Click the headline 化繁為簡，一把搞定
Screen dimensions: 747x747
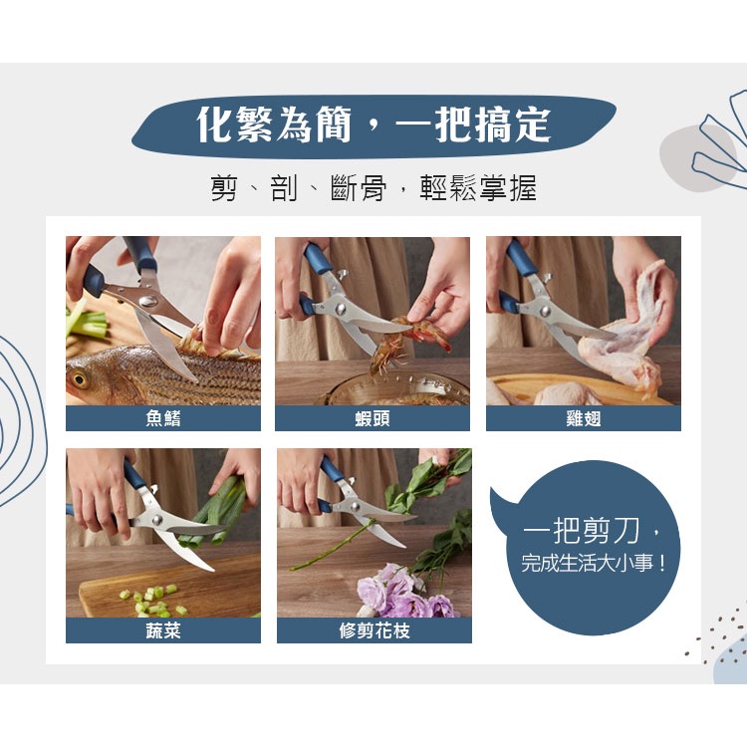373,124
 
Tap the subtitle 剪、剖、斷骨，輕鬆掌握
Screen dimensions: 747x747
373,187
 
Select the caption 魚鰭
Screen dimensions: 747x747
163,418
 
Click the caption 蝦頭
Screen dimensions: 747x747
373,418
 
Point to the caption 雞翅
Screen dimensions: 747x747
583,418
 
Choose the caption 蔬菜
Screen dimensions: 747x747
163,630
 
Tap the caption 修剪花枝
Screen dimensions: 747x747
374,630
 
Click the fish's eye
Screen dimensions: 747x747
80,379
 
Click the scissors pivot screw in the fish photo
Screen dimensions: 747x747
148,301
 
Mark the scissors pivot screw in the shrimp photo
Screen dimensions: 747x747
341,309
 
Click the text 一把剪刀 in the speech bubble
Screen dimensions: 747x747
583,531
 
